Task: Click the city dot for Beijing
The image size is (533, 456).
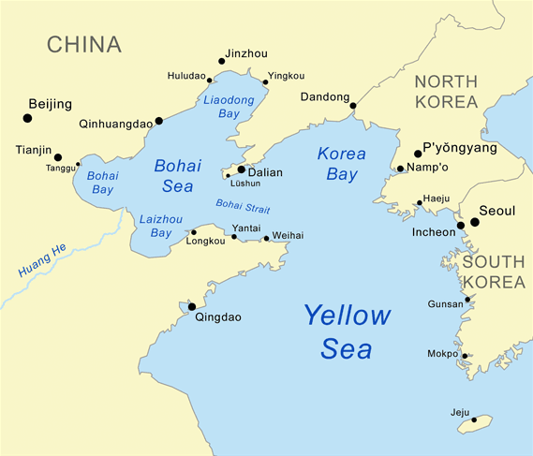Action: pos(26,118)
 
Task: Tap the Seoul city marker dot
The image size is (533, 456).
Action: pos(475,222)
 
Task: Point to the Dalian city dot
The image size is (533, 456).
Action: pos(241,169)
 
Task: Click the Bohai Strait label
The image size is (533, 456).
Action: pos(242,204)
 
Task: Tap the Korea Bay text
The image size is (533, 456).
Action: pos(341,164)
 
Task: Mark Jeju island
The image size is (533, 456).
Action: pos(475,423)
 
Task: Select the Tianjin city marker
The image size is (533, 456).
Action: pos(58,157)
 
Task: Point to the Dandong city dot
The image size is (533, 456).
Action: pos(353,106)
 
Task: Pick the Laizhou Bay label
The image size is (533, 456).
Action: pos(155,226)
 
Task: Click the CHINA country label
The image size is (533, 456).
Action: pos(84,44)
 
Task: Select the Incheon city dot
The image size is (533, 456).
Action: pos(461,225)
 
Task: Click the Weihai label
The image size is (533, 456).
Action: pos(288,235)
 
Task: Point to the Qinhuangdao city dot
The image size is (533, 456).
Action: pos(158,120)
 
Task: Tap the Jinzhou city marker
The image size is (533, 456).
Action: pos(222,62)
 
